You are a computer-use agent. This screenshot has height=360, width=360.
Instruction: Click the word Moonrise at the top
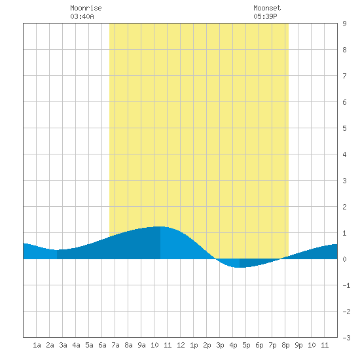[86, 8]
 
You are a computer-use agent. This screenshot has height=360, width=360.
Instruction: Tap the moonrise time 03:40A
[82, 16]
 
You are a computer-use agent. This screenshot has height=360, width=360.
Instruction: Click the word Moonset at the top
[267, 8]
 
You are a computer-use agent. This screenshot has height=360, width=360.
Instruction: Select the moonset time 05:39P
[265, 16]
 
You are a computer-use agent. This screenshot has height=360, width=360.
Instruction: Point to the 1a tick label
[37, 345]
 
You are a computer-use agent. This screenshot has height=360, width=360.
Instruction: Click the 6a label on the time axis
[102, 345]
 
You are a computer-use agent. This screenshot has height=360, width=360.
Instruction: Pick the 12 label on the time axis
[181, 345]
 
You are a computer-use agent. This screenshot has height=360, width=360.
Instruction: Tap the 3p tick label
[220, 346]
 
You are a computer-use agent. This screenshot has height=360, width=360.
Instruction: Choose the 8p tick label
[285, 346]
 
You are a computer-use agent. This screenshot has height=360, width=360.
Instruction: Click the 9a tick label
[141, 345]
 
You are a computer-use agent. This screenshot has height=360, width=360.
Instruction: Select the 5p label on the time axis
[246, 346]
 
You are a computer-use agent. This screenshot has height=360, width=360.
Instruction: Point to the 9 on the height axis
[344, 24]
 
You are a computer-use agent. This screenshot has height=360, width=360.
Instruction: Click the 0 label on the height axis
[344, 259]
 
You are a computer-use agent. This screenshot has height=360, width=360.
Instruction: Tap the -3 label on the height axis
[346, 338]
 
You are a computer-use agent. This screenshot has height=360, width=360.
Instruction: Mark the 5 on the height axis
[344, 128]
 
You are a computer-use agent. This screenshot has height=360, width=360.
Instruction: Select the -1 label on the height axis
[346, 285]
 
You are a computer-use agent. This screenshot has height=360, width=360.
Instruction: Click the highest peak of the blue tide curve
[160, 226]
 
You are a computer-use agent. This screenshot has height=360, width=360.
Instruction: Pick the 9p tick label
[298, 346]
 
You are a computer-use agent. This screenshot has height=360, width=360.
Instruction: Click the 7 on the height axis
[344, 76]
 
